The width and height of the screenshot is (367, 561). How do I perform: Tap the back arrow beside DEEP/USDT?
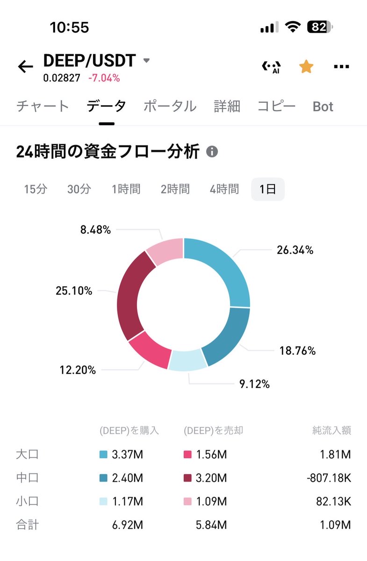point(26,67)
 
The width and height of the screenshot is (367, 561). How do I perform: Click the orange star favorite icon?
point(306,67)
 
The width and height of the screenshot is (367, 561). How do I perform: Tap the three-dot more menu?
point(341,67)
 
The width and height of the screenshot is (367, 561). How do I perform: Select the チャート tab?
point(43,107)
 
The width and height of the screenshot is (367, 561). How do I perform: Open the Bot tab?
point(323,107)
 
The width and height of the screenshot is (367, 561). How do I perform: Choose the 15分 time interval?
point(36,189)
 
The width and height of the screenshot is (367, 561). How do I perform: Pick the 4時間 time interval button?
point(224,189)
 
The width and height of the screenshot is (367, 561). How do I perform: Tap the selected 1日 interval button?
point(267,189)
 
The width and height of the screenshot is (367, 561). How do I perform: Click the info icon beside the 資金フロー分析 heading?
point(212,152)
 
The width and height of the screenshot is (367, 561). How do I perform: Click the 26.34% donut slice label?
point(295,250)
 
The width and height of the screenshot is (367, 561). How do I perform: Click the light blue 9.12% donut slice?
point(187,361)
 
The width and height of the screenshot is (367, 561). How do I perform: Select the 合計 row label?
point(27,525)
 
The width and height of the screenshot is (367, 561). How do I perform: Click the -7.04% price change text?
point(104,78)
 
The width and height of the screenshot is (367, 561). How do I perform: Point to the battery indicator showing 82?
point(320,28)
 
